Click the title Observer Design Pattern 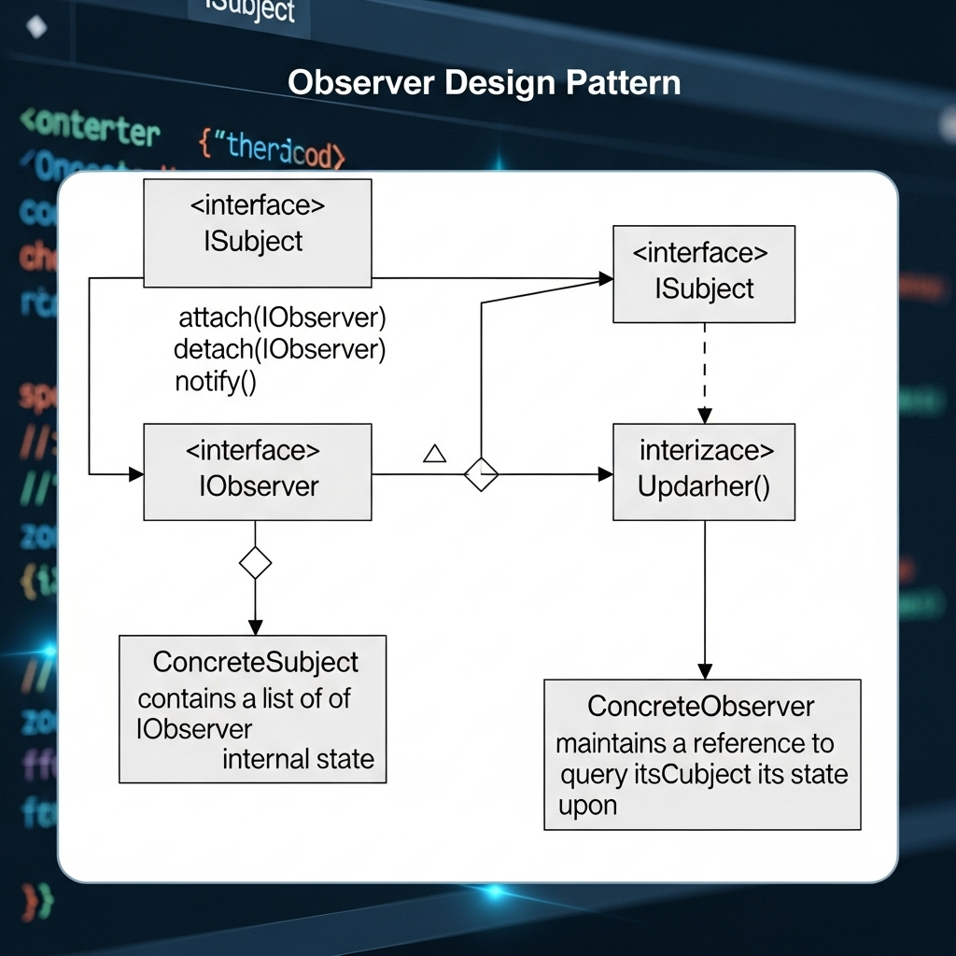coord(484,83)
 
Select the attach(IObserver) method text coord(281,317)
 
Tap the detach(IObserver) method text coord(279,349)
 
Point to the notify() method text coord(215,381)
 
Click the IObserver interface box coord(257,471)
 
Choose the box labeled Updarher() coord(704,471)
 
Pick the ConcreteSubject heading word coord(255,662)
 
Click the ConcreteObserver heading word coord(700,707)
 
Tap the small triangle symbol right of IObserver coord(434,454)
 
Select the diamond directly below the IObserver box coord(255,563)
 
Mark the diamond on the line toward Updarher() coord(481,474)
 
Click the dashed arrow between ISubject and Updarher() coord(705,373)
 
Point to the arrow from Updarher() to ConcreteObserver coord(705,597)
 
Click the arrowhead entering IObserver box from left coord(136,474)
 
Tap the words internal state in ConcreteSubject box coord(298,759)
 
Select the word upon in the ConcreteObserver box coord(587,805)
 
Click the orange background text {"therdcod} coord(272,148)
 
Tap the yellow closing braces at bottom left coord(37,901)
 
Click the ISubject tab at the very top coord(248,11)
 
